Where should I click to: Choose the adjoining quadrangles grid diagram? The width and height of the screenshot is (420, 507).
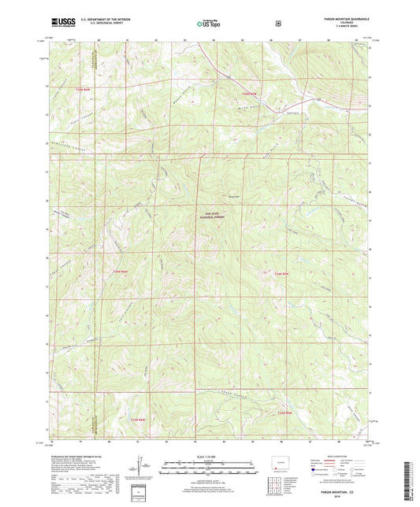coord(273,479)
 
